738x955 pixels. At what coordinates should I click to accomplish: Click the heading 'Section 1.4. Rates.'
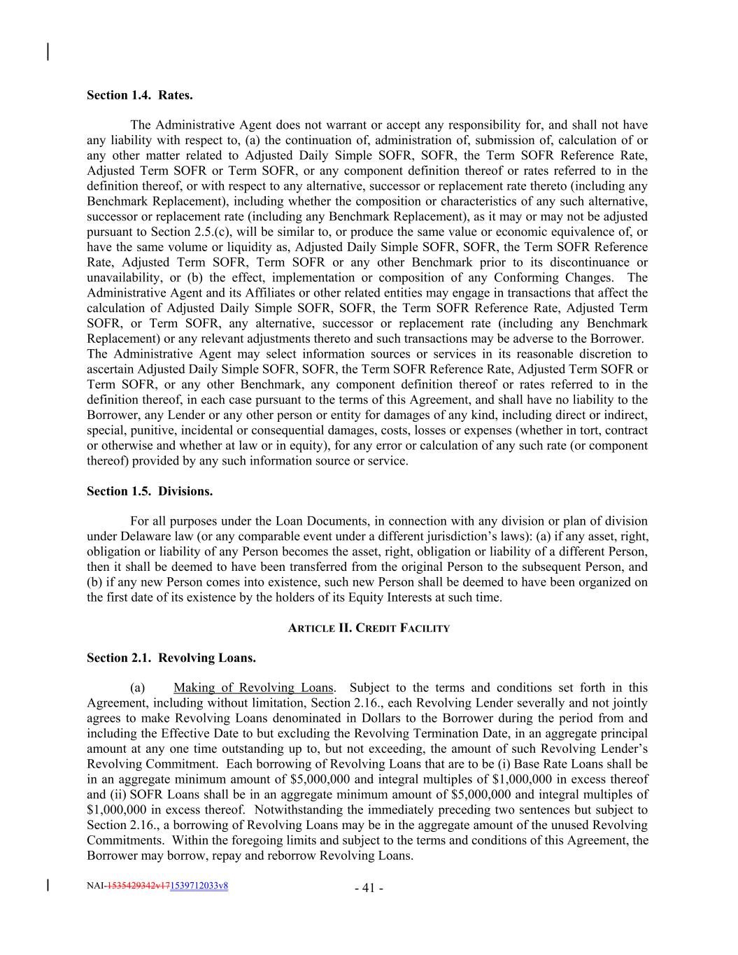coord(139,94)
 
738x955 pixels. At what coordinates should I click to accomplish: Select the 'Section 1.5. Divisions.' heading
coord(150,491)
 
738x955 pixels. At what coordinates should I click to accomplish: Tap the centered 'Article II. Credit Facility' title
coord(369,628)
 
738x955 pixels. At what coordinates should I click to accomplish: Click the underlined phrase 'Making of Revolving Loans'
coord(253,688)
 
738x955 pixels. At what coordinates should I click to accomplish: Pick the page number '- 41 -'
coord(369,889)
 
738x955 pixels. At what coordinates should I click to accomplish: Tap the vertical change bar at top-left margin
coord(48,52)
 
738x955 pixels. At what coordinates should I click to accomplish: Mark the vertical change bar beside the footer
coord(48,886)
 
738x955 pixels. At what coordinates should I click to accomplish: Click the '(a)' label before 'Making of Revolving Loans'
coord(138,688)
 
